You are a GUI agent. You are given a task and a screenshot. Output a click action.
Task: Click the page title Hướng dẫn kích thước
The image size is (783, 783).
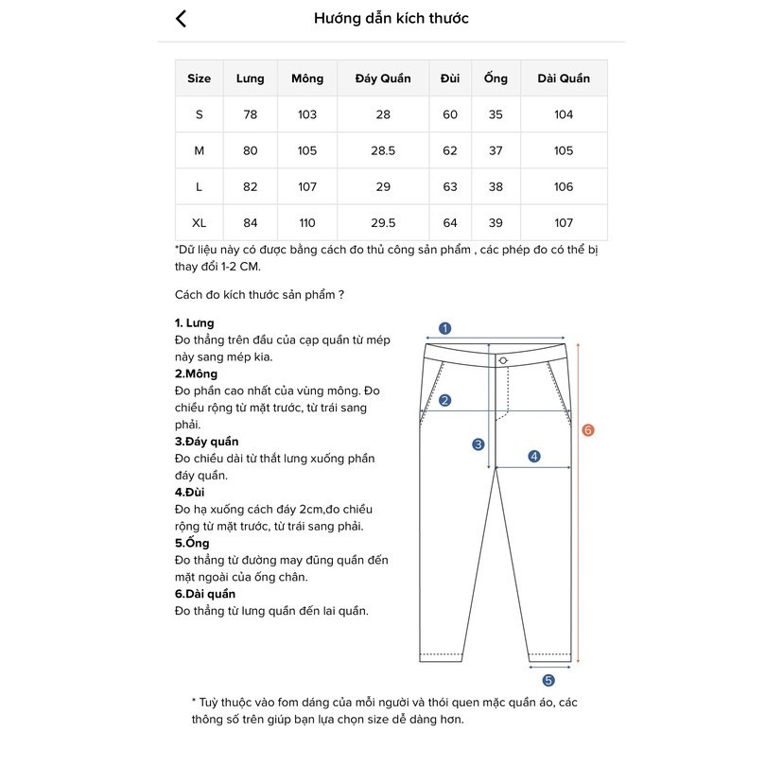coord(391,19)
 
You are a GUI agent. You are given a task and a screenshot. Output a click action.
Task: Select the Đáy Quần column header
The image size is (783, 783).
coord(382,78)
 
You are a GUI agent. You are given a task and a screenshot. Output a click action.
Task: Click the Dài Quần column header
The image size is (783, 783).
coord(563,78)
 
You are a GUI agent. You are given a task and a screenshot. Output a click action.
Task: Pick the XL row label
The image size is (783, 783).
coord(199,223)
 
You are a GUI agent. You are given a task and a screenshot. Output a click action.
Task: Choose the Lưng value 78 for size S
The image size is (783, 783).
coord(250,114)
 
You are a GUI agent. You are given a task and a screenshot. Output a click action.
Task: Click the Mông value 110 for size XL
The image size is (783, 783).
coord(307,223)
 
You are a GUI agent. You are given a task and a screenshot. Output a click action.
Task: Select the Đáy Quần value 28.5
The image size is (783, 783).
coord(382,151)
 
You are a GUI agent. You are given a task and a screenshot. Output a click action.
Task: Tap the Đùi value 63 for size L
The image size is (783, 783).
coord(450,187)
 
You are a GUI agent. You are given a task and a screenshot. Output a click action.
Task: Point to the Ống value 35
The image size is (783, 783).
coord(496,114)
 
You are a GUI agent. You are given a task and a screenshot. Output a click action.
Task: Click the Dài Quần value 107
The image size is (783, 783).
coord(563,223)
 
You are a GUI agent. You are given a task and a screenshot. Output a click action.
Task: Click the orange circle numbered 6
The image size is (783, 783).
coord(588,430)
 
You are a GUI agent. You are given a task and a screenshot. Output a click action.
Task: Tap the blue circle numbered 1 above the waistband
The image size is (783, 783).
coord(445,329)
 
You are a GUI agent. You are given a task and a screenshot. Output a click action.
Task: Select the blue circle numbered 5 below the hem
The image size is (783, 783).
coord(548,680)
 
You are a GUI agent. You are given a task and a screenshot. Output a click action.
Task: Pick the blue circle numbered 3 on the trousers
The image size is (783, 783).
coord(478,444)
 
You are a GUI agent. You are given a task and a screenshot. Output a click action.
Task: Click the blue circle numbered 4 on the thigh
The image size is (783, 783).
coord(534,457)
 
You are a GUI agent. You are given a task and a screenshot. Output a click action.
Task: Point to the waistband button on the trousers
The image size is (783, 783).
coord(503,360)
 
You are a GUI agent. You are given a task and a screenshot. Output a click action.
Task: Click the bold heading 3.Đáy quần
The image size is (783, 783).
coord(206,442)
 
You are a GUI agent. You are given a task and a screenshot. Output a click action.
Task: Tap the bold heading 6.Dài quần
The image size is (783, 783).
coord(205,594)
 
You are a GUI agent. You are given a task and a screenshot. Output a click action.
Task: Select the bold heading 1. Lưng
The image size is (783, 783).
coord(195,323)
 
